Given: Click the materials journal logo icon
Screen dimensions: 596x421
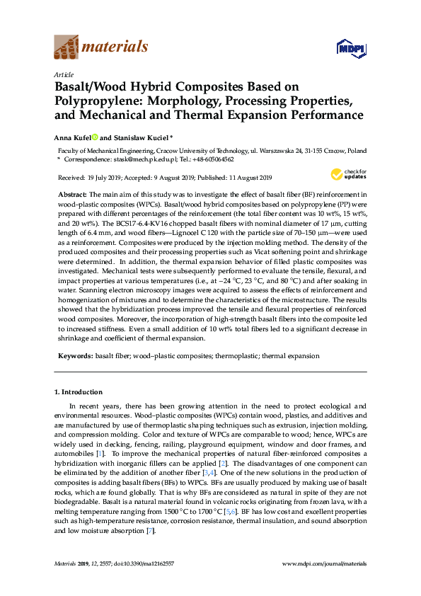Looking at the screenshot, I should [x=66, y=48].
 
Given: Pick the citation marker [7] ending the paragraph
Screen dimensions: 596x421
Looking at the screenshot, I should [x=151, y=530].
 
